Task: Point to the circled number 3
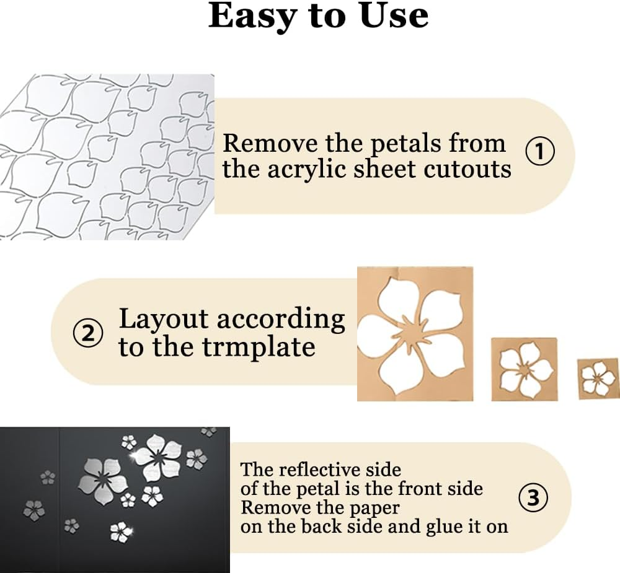[533, 497]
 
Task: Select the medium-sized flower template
[524, 369]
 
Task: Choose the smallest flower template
[598, 377]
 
